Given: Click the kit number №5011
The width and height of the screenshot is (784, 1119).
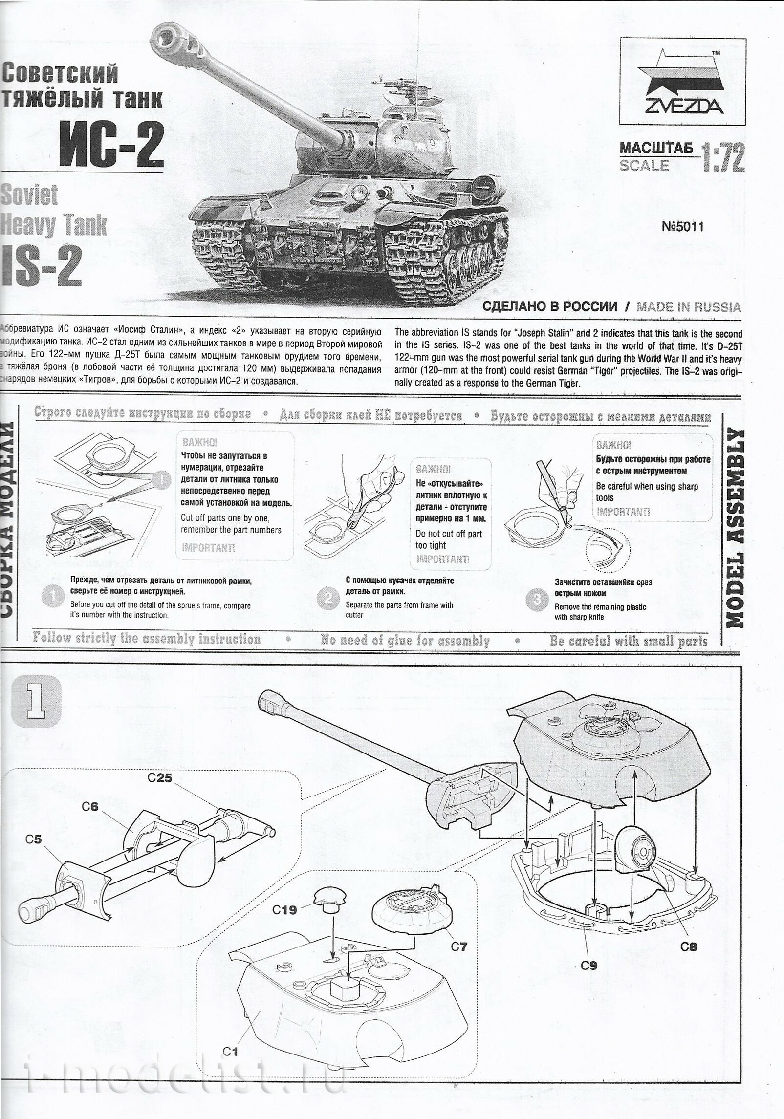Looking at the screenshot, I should tap(682, 227).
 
